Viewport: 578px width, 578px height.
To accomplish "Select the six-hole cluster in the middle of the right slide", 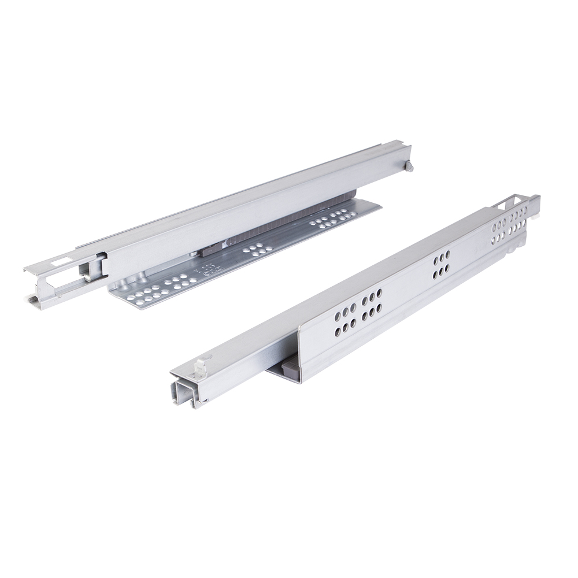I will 443,264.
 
